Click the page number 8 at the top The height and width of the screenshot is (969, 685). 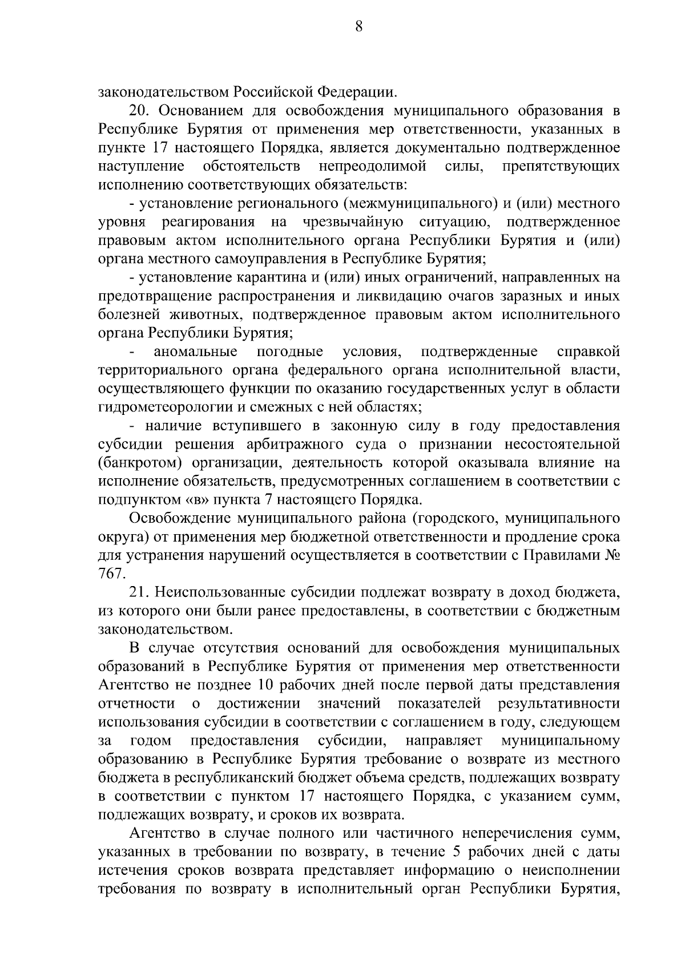click(x=358, y=26)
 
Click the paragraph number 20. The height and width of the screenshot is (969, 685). click(x=140, y=110)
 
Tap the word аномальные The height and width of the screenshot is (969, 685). click(x=196, y=352)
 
